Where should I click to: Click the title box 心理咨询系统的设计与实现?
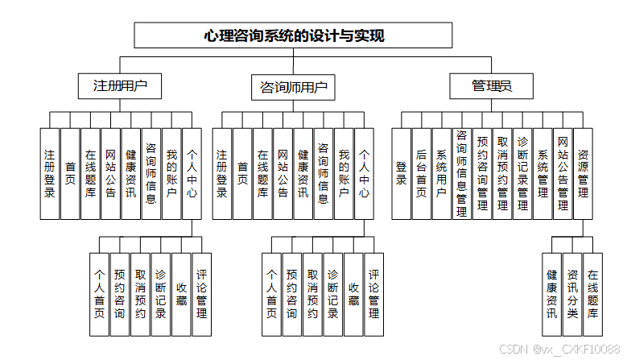294,35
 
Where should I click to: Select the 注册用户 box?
121,86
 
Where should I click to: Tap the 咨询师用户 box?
293,86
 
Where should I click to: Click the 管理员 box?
492,86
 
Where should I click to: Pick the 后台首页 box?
421,173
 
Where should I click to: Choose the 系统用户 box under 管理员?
441,173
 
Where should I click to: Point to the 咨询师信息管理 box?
461,173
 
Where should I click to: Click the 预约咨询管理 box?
481,173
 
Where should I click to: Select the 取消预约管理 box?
502,173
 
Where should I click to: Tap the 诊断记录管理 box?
522,173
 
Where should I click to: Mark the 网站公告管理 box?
563,173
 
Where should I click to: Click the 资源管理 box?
583,173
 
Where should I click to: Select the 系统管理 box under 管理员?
542,173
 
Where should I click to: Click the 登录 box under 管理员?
401,173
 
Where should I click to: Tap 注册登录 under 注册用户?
50,173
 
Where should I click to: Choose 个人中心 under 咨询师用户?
364,173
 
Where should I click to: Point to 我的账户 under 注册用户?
171,173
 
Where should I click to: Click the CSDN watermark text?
559,350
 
